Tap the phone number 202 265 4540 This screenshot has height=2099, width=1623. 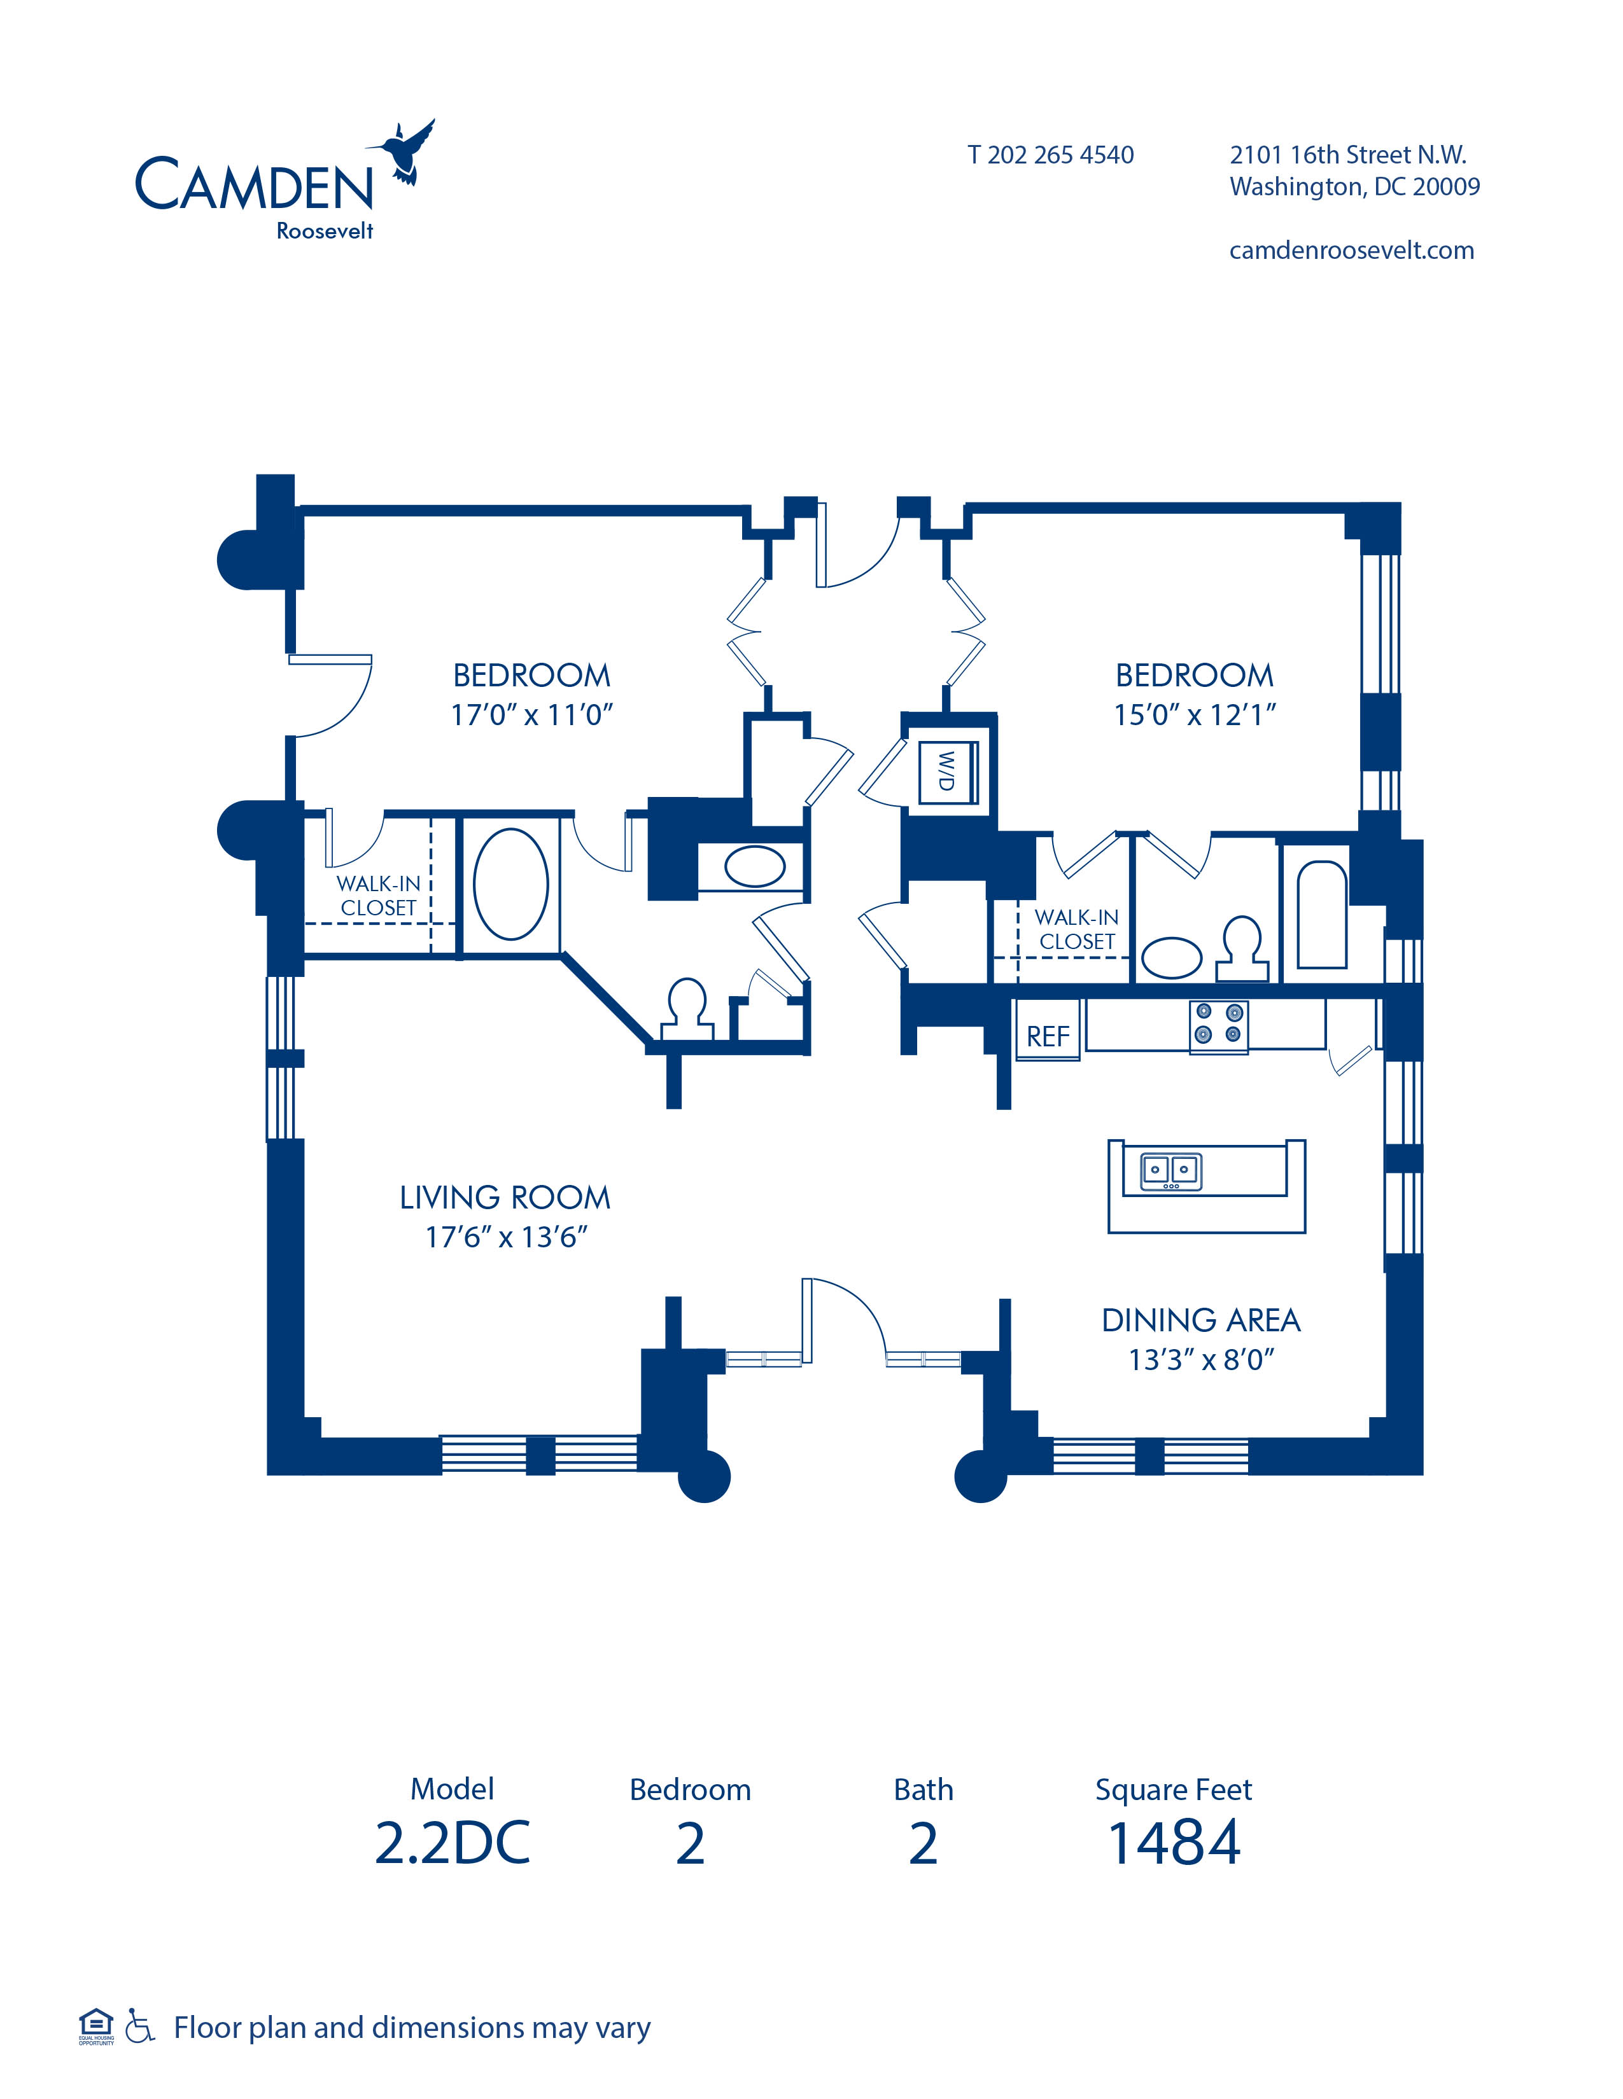coord(1060,155)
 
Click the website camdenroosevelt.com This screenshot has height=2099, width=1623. coord(1351,251)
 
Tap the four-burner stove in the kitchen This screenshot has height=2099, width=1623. coord(1218,1025)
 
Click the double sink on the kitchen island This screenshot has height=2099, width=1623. coord(1170,1170)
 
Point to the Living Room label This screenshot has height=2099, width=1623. coord(505,1198)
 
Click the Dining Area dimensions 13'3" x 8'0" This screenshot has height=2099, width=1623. coord(1201,1360)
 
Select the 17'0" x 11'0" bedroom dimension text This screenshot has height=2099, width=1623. coord(531,715)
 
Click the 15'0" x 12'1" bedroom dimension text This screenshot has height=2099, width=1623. coord(1194,715)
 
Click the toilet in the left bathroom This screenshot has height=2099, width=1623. coord(687,1008)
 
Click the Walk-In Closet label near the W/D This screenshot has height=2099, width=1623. coord(1077,929)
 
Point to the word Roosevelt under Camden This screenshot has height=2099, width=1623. coord(325,231)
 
